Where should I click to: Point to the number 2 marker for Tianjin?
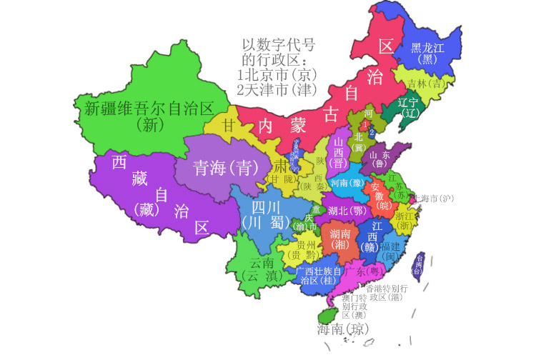[372, 131]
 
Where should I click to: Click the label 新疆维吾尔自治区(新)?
[149, 116]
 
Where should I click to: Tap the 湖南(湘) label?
[339, 239]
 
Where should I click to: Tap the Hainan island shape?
[328, 316]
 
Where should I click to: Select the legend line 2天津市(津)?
[277, 90]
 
